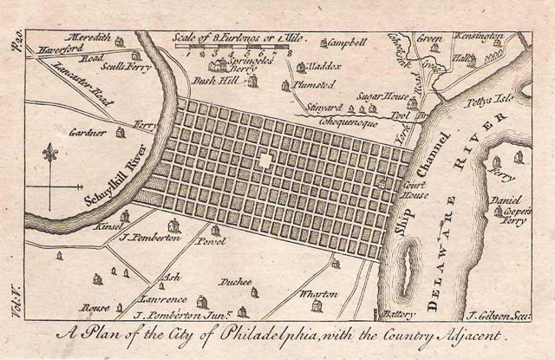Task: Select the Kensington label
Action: (x=480, y=37)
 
